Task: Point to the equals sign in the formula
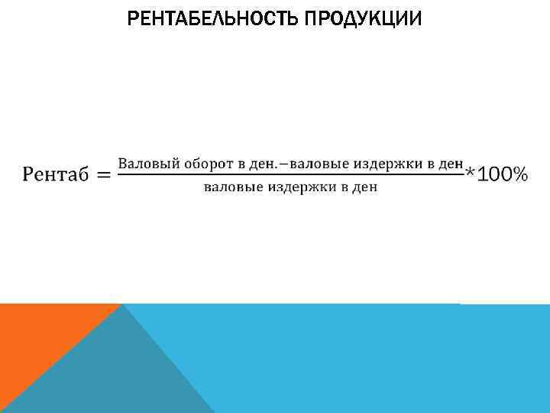102,176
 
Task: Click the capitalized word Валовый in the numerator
143,164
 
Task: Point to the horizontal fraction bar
291,175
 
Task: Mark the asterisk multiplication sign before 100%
471,175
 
